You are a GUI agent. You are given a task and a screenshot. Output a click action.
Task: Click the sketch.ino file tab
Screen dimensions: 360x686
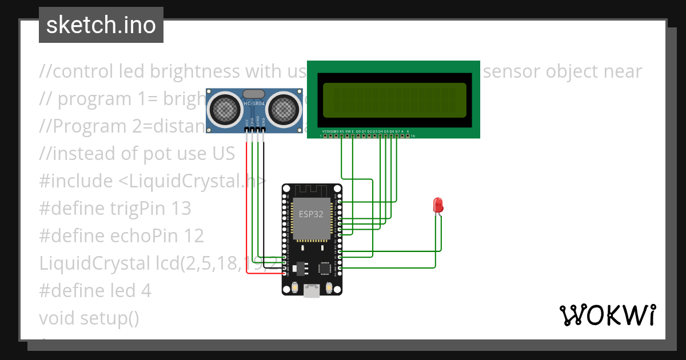[101, 25]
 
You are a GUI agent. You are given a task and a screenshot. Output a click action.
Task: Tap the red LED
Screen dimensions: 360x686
[438, 205]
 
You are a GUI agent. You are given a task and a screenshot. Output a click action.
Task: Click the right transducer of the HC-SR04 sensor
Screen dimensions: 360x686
[284, 107]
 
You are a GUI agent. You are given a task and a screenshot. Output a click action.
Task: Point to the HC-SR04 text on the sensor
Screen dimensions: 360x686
[254, 103]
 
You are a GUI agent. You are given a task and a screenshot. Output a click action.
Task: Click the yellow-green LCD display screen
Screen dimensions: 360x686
[394, 100]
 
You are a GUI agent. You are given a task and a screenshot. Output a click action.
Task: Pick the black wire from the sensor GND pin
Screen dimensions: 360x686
[265, 200]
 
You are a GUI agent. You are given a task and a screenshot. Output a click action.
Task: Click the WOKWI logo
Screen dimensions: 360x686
[607, 315]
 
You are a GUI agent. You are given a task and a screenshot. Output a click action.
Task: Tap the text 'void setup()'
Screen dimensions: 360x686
[89, 318]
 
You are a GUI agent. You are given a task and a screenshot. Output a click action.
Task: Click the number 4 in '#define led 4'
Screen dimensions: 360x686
[146, 291]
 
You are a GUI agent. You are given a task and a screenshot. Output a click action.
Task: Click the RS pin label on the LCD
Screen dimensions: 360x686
[341, 131]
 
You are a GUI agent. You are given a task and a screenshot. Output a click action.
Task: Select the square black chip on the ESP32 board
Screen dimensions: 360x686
[325, 269]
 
